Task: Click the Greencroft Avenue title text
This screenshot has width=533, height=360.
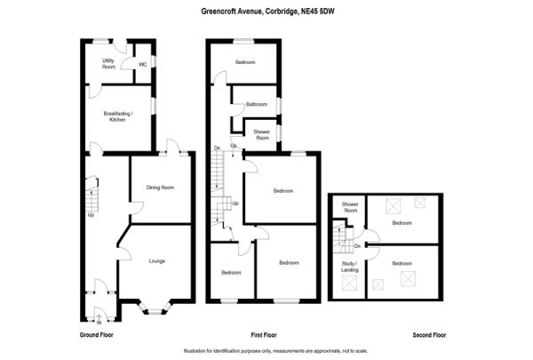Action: [266, 11]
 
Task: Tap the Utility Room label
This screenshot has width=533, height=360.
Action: [108, 63]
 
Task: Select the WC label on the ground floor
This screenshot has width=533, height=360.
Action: [142, 63]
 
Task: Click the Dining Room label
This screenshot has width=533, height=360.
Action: [160, 188]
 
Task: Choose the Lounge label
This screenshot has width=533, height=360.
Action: [157, 260]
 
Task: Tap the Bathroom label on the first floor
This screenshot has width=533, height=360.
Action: [257, 105]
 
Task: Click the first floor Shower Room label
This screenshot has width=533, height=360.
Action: [263, 134]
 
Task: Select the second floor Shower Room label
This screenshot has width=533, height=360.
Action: [350, 208]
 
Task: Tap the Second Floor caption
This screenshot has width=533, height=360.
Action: [429, 335]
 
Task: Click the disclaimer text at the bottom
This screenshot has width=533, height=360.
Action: [266, 350]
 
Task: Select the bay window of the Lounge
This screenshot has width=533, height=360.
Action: [156, 308]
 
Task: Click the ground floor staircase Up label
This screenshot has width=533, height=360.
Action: [91, 214]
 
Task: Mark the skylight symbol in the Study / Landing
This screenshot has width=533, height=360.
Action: [349, 284]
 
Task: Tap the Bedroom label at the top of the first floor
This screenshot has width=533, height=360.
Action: [245, 62]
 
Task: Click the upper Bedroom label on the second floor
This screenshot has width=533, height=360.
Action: [402, 222]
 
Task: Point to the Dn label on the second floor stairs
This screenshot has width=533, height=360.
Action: [356, 245]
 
